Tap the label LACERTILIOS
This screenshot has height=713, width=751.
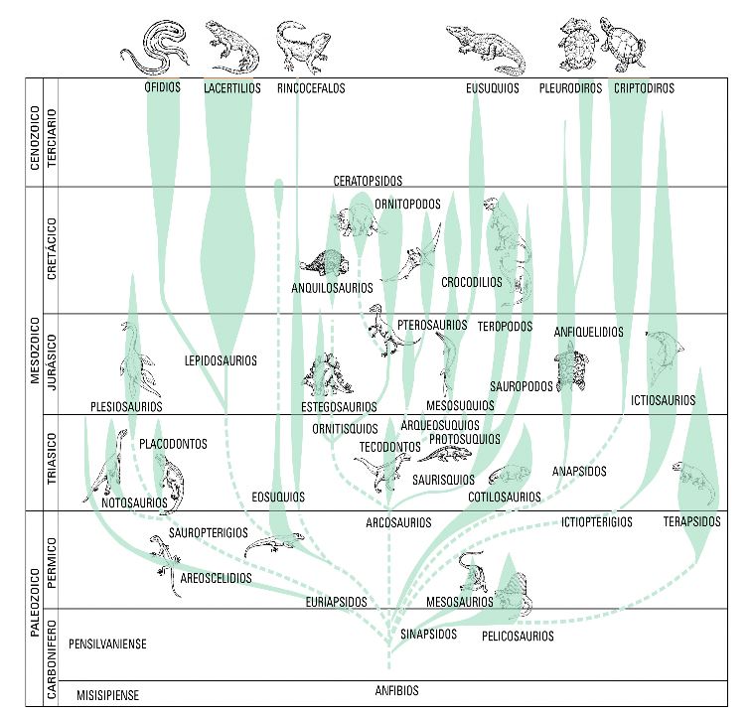point(231,88)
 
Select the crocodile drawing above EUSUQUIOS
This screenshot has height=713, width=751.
point(484,47)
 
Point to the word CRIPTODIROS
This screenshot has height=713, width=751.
point(644,88)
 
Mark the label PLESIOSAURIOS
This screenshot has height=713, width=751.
point(126,406)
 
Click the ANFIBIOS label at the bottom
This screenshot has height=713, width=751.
point(396,691)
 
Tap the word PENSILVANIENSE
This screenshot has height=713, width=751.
point(108,644)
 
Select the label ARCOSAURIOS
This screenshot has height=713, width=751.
point(397,522)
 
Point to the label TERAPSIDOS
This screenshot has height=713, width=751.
point(691,521)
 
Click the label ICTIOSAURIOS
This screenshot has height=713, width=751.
point(663,401)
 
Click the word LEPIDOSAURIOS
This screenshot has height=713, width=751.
point(221,360)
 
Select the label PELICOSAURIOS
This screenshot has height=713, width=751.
point(518,636)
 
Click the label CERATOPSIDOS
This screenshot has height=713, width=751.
point(368,181)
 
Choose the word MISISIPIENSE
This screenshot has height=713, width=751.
point(107,695)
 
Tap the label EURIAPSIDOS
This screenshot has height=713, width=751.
point(338,602)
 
